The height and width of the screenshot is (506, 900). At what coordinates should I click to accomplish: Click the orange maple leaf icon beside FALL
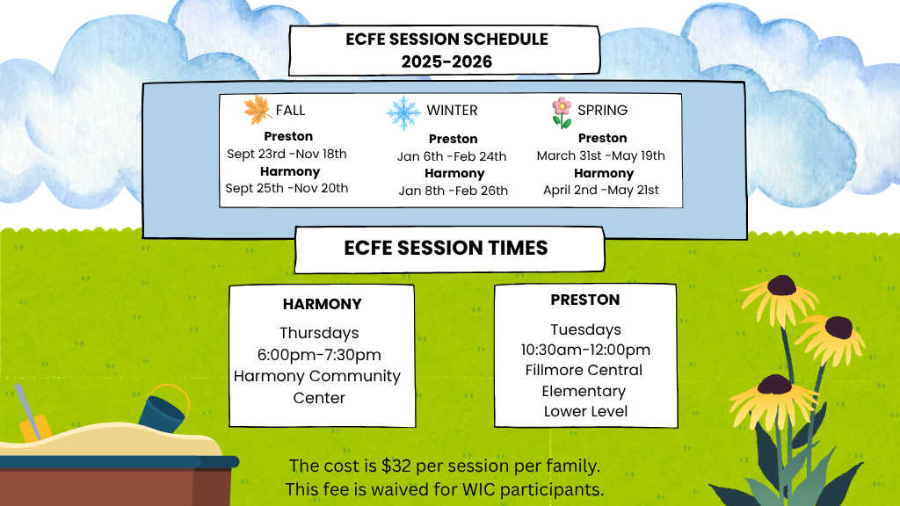point(258,110)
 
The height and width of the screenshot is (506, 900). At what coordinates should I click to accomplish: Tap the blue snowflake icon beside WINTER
point(403,112)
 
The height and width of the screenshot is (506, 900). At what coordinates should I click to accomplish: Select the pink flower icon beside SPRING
point(562,112)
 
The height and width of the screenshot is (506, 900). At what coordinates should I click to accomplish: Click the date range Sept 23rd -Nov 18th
point(287,154)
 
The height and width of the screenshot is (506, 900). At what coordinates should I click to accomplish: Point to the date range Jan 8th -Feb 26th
point(454,191)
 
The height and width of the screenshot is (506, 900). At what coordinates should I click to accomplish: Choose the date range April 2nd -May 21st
point(601,190)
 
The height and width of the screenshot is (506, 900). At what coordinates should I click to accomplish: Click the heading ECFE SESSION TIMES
point(446,248)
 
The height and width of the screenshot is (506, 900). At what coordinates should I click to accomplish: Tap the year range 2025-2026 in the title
point(446,61)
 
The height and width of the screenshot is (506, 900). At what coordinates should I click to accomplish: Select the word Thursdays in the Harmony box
point(319,333)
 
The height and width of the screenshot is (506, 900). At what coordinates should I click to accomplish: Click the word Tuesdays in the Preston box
point(585,330)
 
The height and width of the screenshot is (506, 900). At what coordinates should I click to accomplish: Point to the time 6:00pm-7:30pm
point(319,355)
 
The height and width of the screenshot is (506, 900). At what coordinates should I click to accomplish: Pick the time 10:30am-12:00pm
point(585,350)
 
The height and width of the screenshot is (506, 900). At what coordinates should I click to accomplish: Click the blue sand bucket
point(164,409)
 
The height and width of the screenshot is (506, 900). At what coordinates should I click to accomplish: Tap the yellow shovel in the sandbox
point(32,415)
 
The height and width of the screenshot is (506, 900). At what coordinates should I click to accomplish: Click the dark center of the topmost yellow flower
point(781,285)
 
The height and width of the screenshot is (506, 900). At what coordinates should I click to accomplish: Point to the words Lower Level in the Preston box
point(585,411)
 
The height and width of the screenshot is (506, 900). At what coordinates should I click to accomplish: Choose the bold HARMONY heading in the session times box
point(322,304)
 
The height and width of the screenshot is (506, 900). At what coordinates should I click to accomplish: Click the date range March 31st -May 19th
point(601,155)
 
